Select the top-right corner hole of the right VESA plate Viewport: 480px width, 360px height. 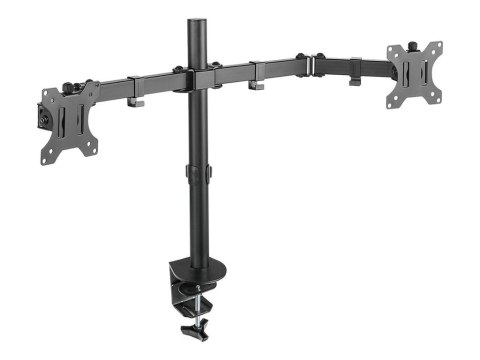[437, 46]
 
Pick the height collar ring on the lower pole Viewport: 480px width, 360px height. [198, 174]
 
